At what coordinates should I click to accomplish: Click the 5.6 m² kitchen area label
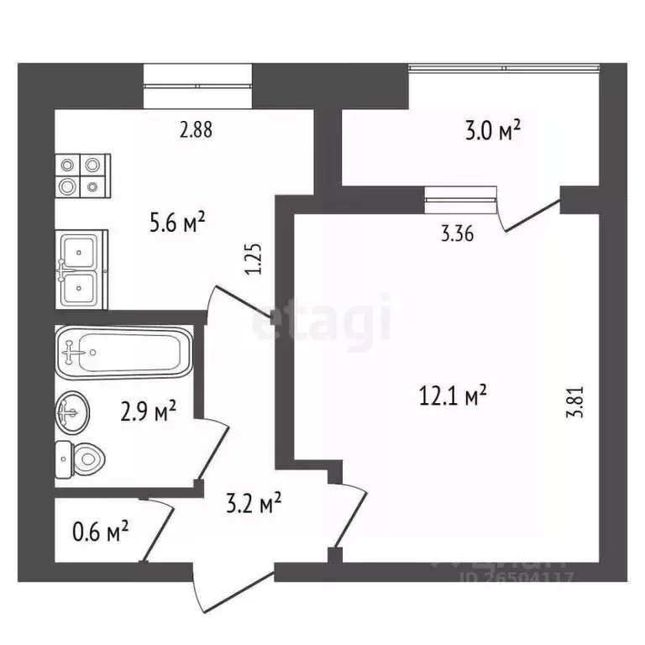(x=178, y=223)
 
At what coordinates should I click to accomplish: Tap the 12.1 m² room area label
(x=454, y=394)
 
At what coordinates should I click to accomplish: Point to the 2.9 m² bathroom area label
(x=148, y=411)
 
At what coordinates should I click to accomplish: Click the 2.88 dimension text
(x=196, y=130)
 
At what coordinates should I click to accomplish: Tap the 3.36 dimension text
(x=458, y=234)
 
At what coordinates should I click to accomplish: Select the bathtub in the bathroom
(x=123, y=354)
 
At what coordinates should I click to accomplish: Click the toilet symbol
(x=81, y=458)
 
